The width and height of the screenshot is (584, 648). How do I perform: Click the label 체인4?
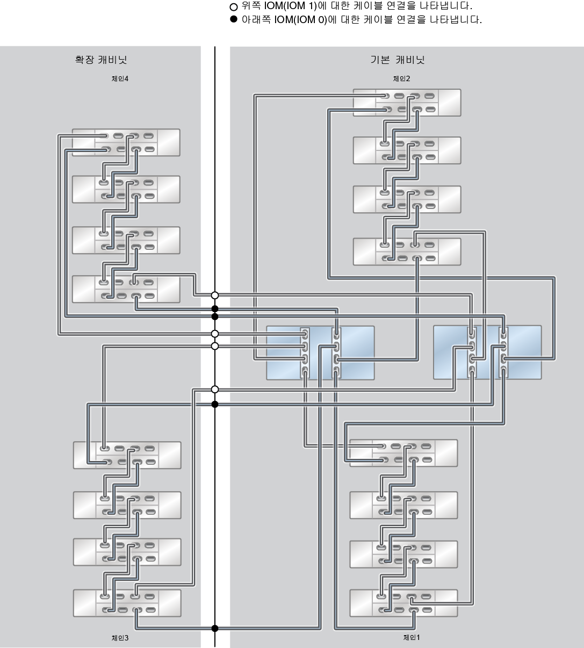tap(120, 78)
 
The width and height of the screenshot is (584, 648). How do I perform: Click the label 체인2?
tap(401, 78)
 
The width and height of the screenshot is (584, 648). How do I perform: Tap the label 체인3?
tap(120, 638)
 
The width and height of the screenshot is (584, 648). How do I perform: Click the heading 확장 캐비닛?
tap(101, 60)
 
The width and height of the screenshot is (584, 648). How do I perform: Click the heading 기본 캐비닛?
tap(397, 60)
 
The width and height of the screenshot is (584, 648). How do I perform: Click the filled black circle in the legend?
tap(233, 20)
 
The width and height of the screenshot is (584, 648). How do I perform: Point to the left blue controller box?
tap(320, 352)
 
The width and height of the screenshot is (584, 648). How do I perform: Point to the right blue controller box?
tap(487, 352)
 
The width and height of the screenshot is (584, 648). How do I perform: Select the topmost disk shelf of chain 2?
tap(407, 103)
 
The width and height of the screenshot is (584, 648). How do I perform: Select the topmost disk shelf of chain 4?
tap(126, 142)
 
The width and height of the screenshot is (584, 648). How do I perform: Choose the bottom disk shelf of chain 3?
tap(127, 603)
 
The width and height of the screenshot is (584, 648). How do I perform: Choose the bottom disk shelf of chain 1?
tap(403, 603)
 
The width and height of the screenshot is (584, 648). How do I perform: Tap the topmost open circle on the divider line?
tap(215, 295)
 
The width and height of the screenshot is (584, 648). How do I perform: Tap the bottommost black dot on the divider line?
tap(215, 628)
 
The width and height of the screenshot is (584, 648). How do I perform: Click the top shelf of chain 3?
tap(127, 455)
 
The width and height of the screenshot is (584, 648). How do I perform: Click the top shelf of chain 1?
tap(403, 453)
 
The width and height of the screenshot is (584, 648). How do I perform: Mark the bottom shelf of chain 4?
tap(126, 289)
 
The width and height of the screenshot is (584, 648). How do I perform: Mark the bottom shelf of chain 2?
tap(407, 251)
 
